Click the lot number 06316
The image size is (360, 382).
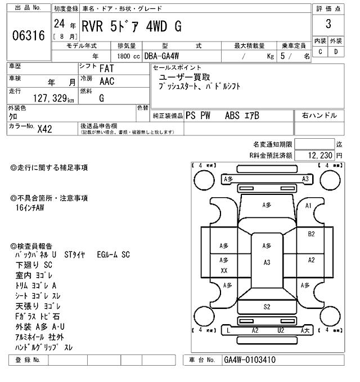click(x=28, y=36)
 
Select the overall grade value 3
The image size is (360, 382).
click(x=328, y=24)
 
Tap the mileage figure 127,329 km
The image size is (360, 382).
click(x=46, y=98)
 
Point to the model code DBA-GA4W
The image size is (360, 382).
click(x=165, y=56)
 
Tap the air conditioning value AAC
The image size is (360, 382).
click(x=106, y=81)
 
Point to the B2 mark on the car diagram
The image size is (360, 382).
click(x=311, y=234)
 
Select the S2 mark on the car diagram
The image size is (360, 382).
click(x=267, y=306)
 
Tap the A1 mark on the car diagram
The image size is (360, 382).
click(x=308, y=206)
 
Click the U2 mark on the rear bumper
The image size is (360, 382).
click(x=280, y=330)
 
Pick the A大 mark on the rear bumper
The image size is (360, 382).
click(x=306, y=330)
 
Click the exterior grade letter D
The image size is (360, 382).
click(x=336, y=52)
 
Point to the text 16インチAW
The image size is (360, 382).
click(x=30, y=208)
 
